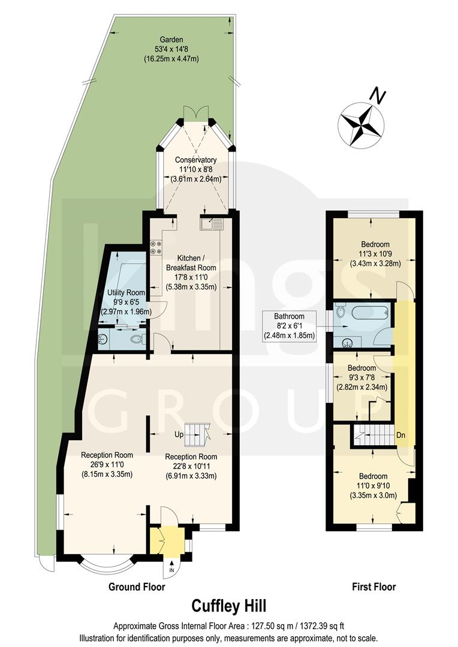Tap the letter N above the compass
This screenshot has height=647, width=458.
[376, 95]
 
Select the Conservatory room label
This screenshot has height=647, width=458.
[195, 160]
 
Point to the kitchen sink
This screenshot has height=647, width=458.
[212, 224]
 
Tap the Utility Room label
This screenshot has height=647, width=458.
[125, 292]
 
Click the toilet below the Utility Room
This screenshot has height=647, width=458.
[137, 340]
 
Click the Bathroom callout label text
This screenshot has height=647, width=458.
[290, 316]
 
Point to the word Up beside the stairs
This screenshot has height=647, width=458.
[178, 433]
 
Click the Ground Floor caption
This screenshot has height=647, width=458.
[136, 586]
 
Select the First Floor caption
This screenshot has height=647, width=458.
[373, 586]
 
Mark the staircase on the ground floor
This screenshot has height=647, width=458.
[196, 433]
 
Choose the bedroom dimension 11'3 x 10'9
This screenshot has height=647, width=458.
[375, 254]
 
